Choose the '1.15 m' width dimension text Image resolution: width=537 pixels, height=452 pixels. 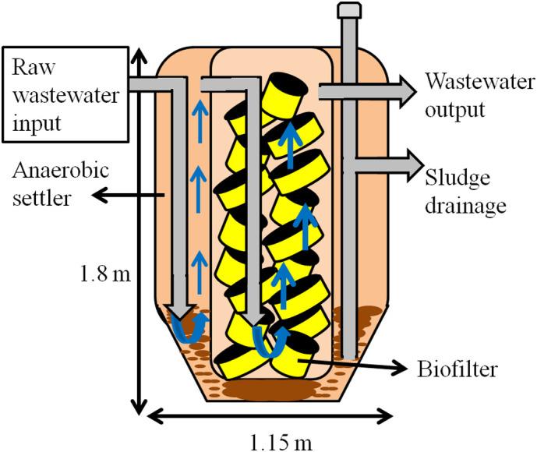tap(270, 440)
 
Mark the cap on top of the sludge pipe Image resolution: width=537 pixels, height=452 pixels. tap(346, 10)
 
